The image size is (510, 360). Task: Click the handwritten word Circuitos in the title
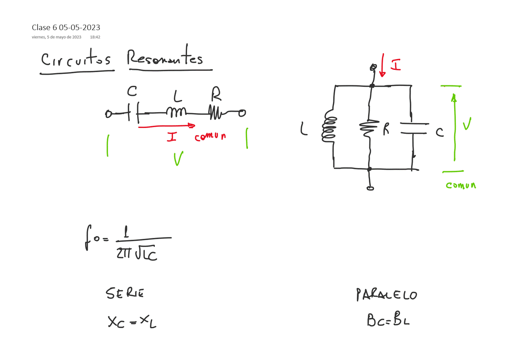click(76, 60)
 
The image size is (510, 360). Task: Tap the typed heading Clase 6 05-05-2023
click(66, 28)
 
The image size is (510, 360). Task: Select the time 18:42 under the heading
click(95, 37)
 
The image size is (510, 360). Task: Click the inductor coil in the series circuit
click(176, 112)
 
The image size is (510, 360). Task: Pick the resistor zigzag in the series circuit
click(215, 112)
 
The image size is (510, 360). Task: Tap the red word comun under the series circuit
click(210, 136)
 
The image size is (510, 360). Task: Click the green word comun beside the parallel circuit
click(460, 185)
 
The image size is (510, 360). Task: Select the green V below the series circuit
click(178, 158)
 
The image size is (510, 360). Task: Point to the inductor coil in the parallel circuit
click(330, 128)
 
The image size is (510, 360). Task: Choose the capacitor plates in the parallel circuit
click(414, 128)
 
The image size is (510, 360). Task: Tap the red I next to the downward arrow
click(396, 65)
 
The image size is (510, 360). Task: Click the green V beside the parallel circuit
click(466, 124)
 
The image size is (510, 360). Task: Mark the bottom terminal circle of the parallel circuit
click(370, 188)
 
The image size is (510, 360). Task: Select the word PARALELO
click(386, 295)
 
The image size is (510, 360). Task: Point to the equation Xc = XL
click(132, 322)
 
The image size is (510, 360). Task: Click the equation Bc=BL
click(388, 320)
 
